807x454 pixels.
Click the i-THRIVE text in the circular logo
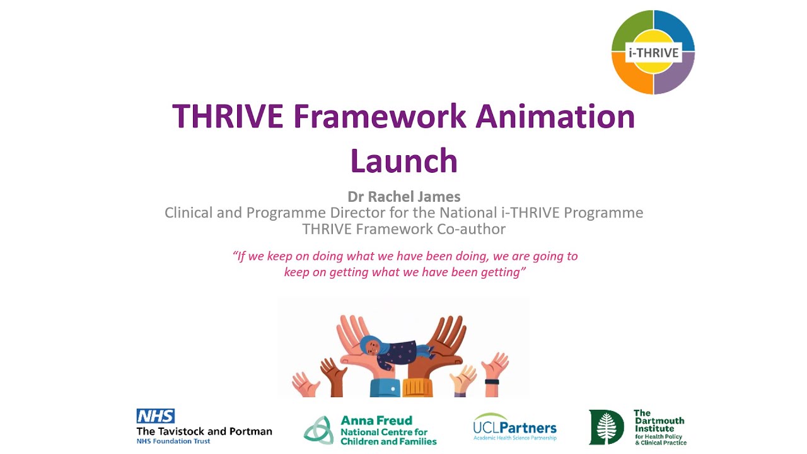(x=653, y=52)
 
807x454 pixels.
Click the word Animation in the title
(x=555, y=116)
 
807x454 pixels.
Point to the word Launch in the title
(x=403, y=161)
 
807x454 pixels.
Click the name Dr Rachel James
(x=403, y=197)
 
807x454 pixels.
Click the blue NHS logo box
(x=155, y=416)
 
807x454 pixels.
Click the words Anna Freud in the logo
(x=376, y=421)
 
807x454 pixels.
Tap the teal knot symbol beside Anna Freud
(x=318, y=430)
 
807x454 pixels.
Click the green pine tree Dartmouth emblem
(x=607, y=427)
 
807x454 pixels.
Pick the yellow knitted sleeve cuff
(x=417, y=387)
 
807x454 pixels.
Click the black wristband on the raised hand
(x=492, y=381)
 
